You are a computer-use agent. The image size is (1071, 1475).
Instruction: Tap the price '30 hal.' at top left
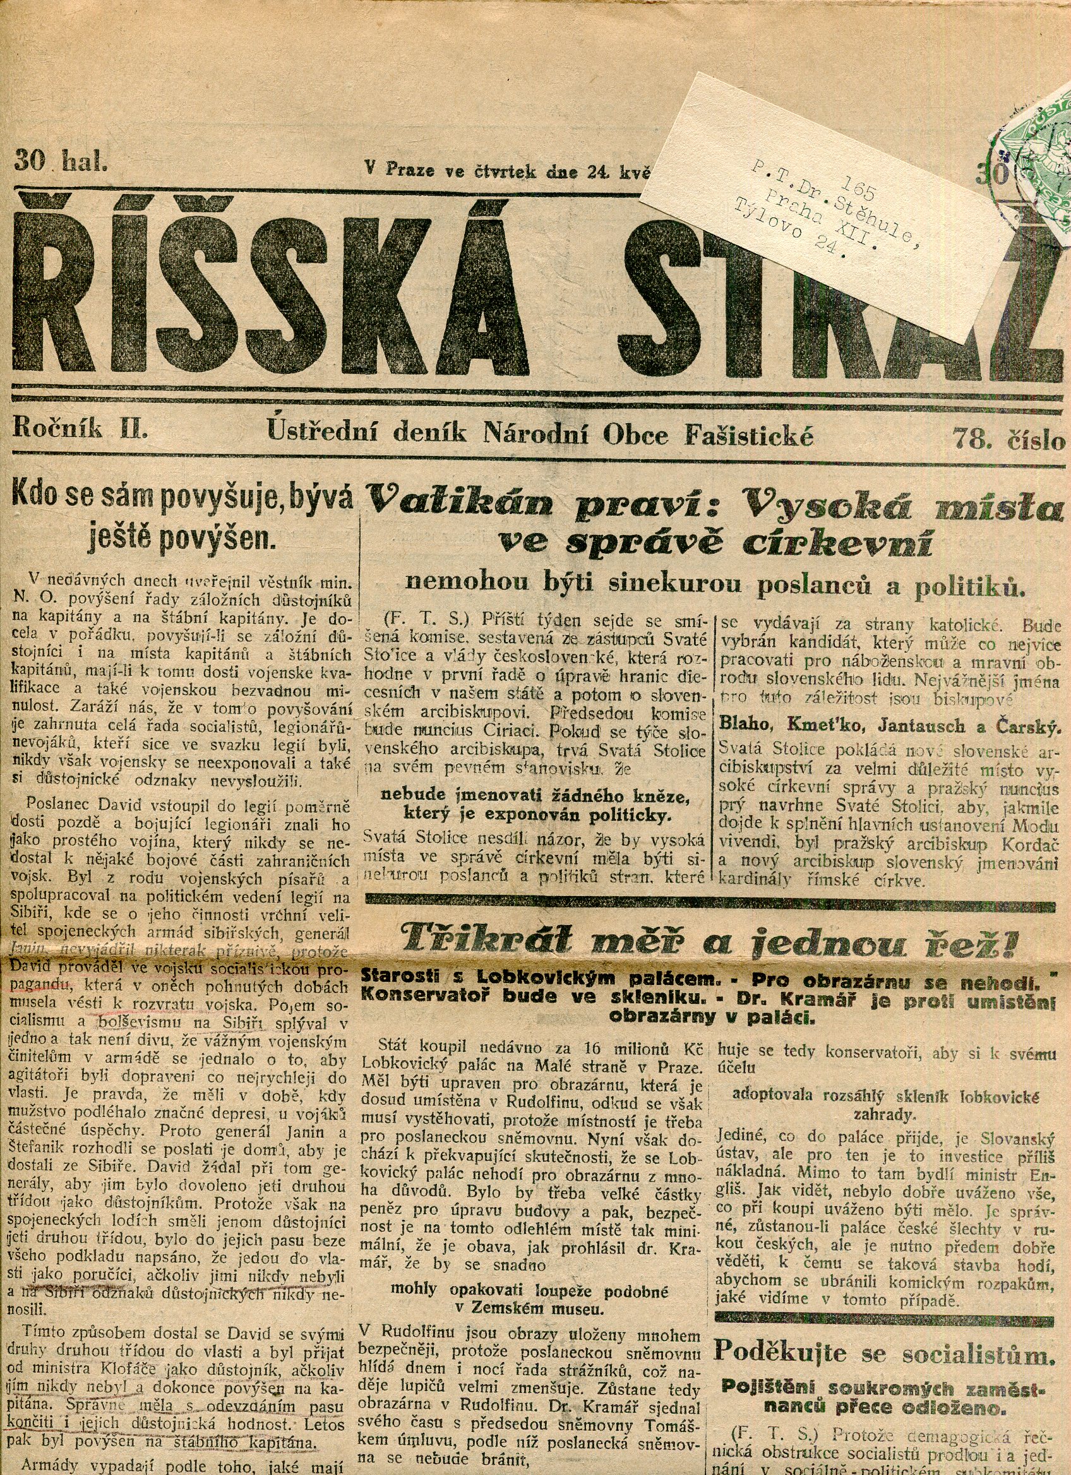[x=59, y=159]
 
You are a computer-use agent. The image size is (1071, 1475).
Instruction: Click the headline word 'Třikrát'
[x=467, y=937]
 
